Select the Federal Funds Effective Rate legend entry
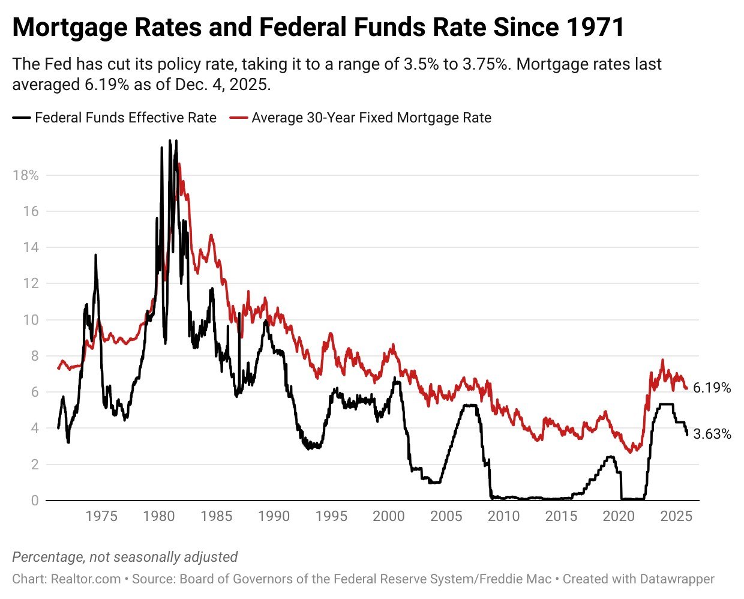(x=125, y=118)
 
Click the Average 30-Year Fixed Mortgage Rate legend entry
(x=371, y=118)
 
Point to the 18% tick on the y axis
(x=26, y=175)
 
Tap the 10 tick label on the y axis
(x=31, y=320)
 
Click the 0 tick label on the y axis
(x=35, y=501)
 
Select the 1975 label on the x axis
(x=101, y=516)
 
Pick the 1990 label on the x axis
(x=274, y=516)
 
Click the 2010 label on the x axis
(x=503, y=516)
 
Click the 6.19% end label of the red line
(x=712, y=388)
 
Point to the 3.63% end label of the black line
(x=712, y=434)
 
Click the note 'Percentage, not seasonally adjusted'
(x=125, y=557)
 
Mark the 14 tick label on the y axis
(x=31, y=247)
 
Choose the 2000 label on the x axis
(x=389, y=516)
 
